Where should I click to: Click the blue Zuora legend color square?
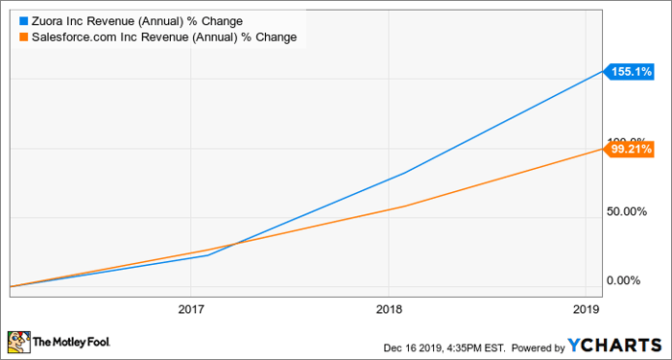tap(23, 19)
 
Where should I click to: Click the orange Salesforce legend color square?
tap(23, 36)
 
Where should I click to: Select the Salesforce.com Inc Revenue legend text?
tap(164, 36)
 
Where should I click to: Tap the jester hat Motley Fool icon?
tap(18, 341)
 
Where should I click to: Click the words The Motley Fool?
tap(71, 342)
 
